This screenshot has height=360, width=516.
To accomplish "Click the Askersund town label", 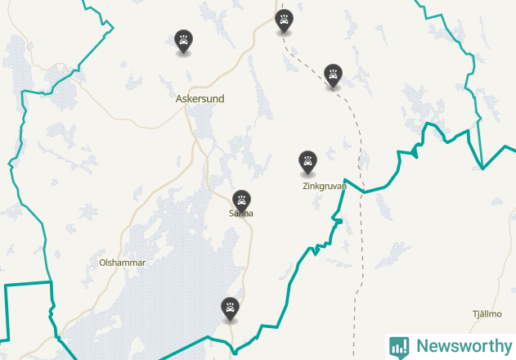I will tap(200, 99).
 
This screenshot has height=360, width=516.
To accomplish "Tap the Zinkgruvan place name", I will tap(325, 187).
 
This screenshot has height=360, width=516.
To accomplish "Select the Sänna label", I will tap(241, 214).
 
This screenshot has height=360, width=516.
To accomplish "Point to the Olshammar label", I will tap(122, 263).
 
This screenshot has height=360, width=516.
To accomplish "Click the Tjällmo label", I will tap(487, 314).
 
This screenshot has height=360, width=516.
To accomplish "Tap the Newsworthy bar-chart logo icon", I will tap(399, 347).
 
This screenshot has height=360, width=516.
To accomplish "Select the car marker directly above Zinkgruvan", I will tap(307, 161).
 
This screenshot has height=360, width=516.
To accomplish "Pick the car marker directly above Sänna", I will tap(241, 200).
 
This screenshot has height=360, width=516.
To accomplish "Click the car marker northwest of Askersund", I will tap(184, 41).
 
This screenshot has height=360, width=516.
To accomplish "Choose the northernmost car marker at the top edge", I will tap(285, 20).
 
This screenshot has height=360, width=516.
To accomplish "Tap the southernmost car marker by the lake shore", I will tap(231, 308).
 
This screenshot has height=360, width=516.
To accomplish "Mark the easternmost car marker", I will tap(333, 74).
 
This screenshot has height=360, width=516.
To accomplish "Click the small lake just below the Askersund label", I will tap(200, 123).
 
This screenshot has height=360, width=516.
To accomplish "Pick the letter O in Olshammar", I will tap(102, 263).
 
